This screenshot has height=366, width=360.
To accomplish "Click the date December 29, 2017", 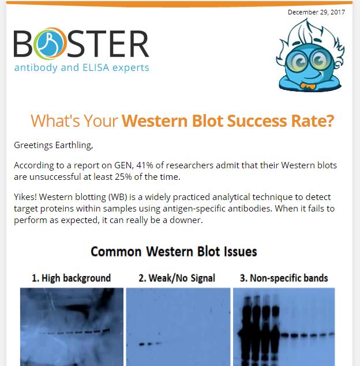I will (316, 12).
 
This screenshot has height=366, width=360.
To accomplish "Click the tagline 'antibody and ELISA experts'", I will (81, 68).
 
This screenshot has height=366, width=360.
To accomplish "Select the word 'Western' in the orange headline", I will (154, 122).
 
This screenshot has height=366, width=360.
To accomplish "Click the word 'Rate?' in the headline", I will (313, 122).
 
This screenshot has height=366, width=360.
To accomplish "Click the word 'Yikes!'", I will (28, 197).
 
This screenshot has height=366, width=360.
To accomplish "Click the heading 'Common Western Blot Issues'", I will (174, 252).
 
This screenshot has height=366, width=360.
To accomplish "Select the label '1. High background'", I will (71, 278).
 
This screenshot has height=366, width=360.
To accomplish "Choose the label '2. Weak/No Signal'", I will (177, 278).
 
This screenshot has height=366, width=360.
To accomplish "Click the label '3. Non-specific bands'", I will (284, 278).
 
